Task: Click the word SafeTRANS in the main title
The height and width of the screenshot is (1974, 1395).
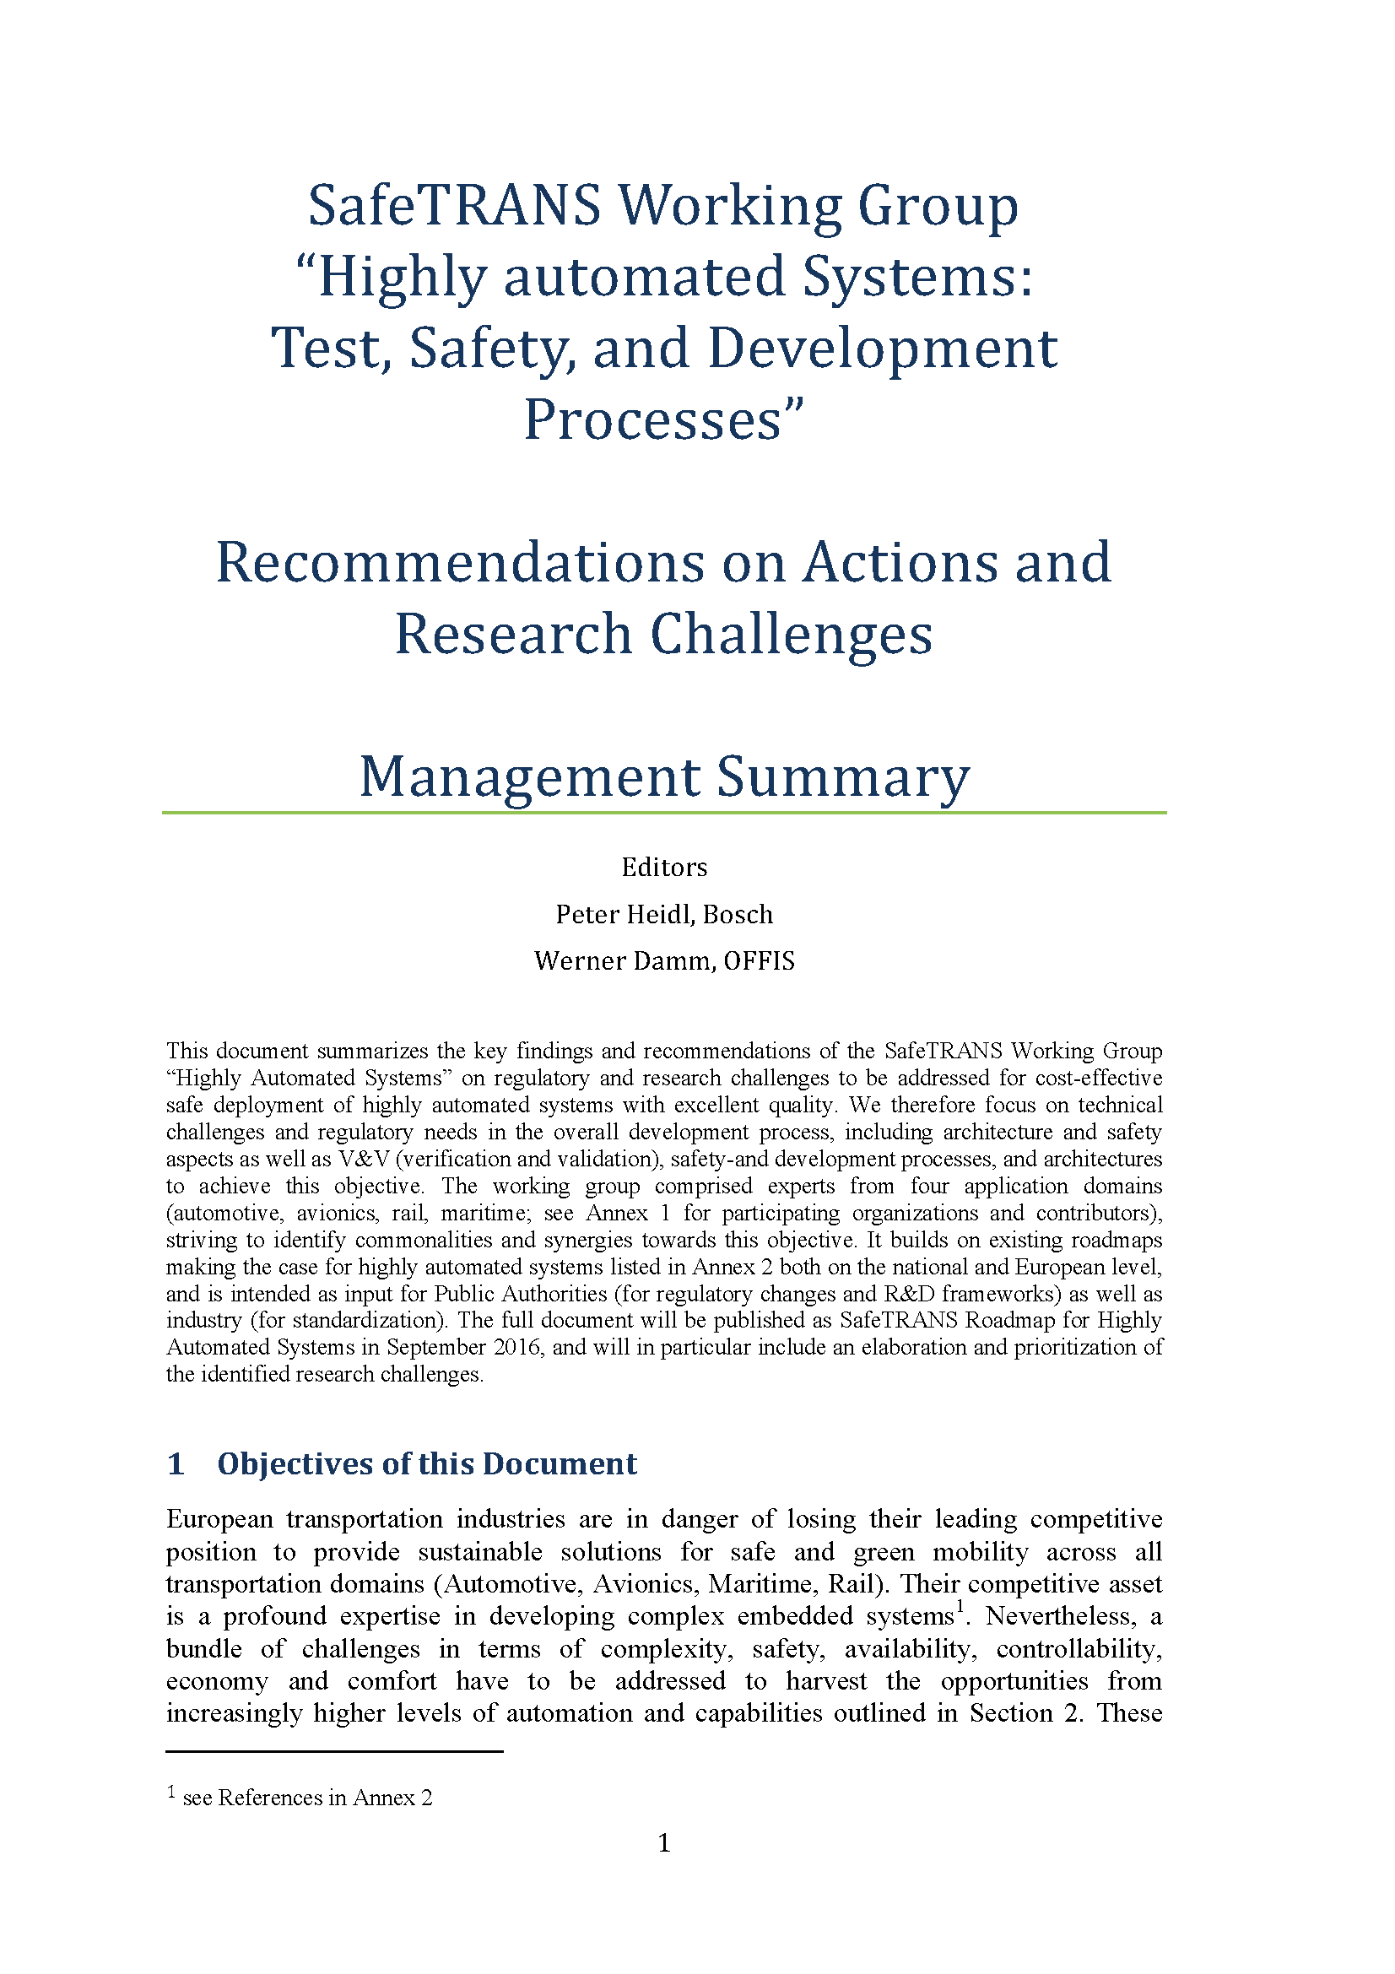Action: tap(454, 206)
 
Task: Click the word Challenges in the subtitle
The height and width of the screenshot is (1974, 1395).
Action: tap(791, 635)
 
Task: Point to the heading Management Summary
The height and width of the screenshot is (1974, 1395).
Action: tap(663, 776)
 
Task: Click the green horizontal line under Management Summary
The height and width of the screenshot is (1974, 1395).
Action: tap(663, 813)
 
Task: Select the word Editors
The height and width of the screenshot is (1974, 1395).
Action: tap(663, 867)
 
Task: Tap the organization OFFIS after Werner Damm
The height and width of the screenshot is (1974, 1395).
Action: tap(759, 960)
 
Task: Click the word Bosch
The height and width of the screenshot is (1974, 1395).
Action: tap(738, 914)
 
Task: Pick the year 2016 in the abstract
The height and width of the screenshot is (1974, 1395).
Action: tap(517, 1347)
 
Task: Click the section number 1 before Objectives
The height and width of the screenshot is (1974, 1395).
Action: tap(176, 1463)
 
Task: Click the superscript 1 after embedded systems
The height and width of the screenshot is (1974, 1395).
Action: tap(960, 1608)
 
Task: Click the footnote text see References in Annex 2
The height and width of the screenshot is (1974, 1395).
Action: tap(307, 1798)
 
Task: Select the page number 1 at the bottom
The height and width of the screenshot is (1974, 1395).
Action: tap(663, 1843)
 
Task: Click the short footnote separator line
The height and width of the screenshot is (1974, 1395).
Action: tap(333, 1750)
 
